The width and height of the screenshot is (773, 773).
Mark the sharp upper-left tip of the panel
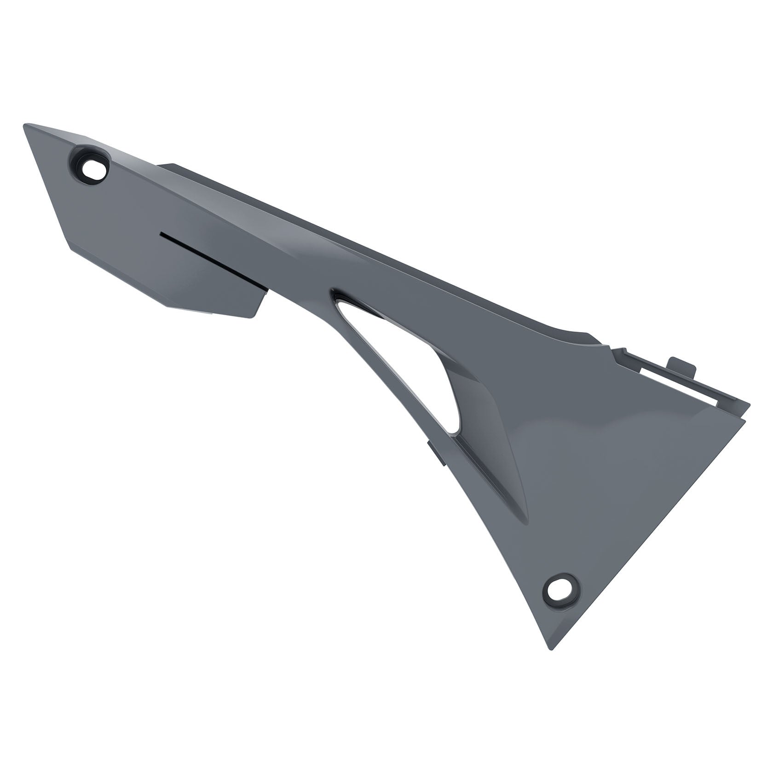25,125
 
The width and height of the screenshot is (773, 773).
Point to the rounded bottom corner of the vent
456,430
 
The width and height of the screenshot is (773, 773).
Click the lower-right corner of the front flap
252,317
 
